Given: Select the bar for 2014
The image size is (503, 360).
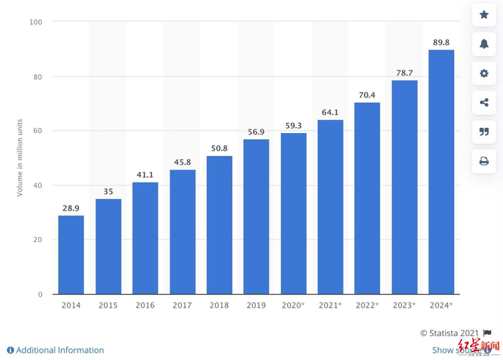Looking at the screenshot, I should (71, 254).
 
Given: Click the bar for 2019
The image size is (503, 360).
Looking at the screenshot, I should (256, 216).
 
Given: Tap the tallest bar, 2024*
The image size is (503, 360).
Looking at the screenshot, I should (441, 172).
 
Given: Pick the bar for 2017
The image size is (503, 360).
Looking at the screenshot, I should (182, 231).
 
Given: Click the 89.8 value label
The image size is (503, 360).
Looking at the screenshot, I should (441, 42).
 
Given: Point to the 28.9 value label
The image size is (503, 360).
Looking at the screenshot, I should (71, 208).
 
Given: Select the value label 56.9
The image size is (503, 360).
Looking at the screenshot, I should (256, 131).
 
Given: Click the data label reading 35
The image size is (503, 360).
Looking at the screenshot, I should (108, 191).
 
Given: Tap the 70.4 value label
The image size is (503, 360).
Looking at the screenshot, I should (367, 95).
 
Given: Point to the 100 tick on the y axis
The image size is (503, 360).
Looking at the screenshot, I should (36, 22).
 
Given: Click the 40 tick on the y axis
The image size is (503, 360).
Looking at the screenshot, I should (37, 185).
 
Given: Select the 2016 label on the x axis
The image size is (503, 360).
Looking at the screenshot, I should (145, 305).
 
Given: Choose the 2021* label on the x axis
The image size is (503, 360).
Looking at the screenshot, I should (330, 305).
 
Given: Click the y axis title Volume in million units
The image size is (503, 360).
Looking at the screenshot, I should (20, 158).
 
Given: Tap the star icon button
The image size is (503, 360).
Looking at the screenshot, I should (484, 15).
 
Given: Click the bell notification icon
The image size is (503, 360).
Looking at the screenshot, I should (484, 45).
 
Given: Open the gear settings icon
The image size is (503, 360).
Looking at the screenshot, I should (484, 73).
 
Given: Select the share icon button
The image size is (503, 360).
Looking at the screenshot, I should (484, 103).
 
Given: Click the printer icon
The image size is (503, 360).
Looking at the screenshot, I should (484, 161).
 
